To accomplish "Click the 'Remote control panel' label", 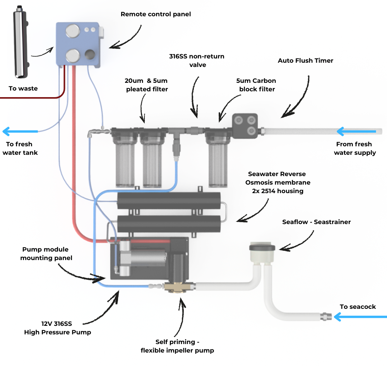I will (156, 14).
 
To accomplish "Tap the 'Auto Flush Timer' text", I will (305, 61).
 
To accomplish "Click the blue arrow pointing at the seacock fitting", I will (360, 317).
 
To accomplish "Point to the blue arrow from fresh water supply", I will (356, 132).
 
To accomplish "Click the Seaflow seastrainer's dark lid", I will (262, 247).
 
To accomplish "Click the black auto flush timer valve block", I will (245, 126).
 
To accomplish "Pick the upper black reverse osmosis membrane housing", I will (169, 201).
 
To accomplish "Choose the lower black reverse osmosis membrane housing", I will (169, 224).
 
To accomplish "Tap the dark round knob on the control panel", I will (91, 55).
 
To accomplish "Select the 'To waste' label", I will (23, 89).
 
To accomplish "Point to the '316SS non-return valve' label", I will (197, 60).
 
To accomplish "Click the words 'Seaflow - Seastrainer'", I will (317, 222).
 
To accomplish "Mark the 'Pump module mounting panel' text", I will (46, 253).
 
